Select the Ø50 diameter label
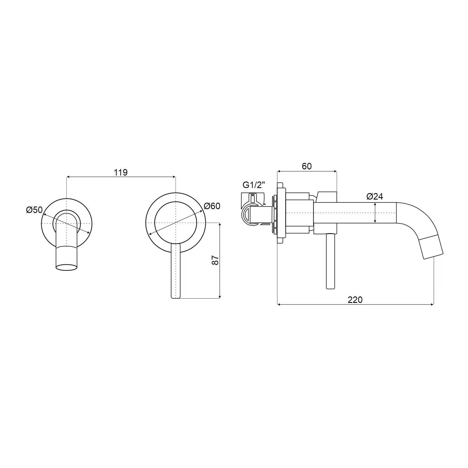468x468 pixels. point(34,210)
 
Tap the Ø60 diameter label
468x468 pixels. point(212,206)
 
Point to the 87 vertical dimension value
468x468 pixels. point(215,260)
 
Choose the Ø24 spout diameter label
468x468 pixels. point(375,196)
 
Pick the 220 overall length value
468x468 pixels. point(355,300)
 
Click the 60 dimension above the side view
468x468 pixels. point(307,166)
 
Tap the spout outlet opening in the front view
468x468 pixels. point(66,267)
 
